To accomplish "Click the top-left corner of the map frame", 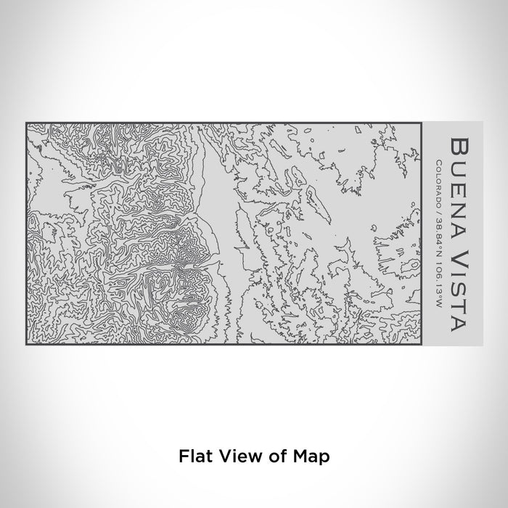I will click(x=26, y=123).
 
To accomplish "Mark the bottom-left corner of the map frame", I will click(x=26, y=344).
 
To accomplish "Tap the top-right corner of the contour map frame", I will click(x=422, y=123).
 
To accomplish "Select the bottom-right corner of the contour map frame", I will click(x=422, y=344).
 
